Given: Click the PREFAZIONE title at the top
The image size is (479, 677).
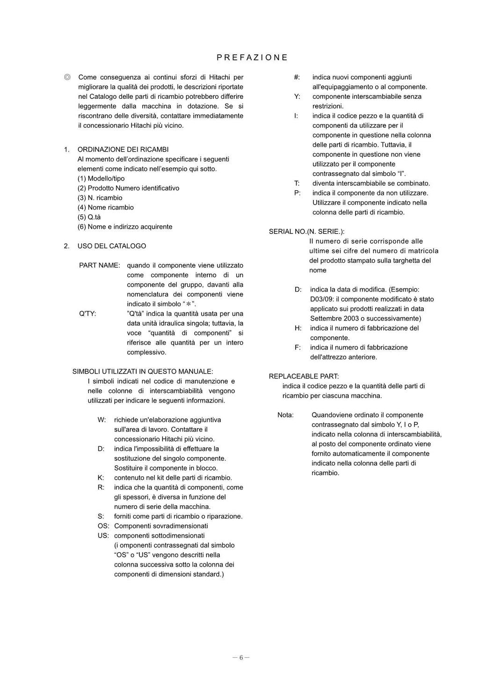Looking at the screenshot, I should click(252, 58).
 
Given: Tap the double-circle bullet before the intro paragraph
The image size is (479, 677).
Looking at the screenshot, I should click(67, 77).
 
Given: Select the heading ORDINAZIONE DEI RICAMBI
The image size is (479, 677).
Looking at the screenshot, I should click(123, 149).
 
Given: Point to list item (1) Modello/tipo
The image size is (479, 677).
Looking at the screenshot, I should click(101, 178).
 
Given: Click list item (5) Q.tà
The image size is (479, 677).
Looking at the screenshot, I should click(89, 217).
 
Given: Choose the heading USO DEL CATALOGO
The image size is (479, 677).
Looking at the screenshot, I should click(112, 246).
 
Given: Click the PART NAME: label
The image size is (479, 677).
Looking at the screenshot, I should click(99, 265).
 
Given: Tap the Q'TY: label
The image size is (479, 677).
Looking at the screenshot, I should click(87, 313).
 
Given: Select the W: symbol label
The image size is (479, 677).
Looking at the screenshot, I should click(102, 420).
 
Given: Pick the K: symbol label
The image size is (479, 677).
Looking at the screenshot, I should click(101, 478).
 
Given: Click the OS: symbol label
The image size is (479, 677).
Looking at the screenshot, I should click(103, 526).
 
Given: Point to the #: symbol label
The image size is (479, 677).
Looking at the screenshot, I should click(297, 77).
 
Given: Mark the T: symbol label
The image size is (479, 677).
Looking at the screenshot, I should click(297, 183).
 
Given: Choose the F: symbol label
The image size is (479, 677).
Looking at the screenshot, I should click(298, 347).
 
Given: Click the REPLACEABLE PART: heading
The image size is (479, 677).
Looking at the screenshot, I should click(304, 376).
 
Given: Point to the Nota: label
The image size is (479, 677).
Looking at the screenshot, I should click(285, 415).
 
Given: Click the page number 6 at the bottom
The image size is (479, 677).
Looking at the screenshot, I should click(241, 657).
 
